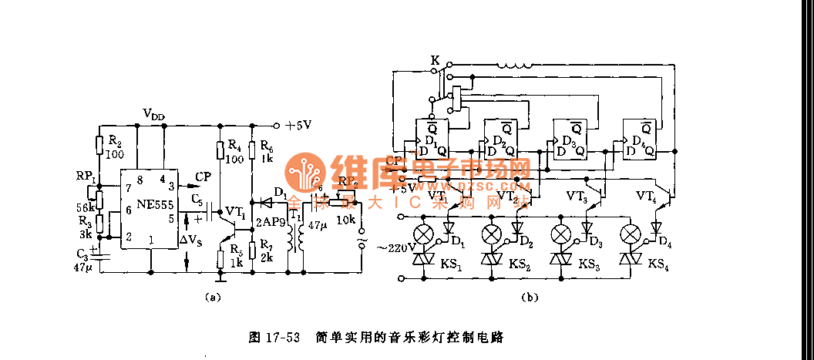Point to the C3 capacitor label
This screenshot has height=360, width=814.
click(x=82, y=254)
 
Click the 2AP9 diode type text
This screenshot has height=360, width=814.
click(x=271, y=220)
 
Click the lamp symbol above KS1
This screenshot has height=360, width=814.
click(x=422, y=234)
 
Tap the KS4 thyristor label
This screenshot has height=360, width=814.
click(x=657, y=264)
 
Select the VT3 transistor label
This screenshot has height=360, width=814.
click(x=578, y=197)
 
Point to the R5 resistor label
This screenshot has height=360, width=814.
click(x=235, y=256)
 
